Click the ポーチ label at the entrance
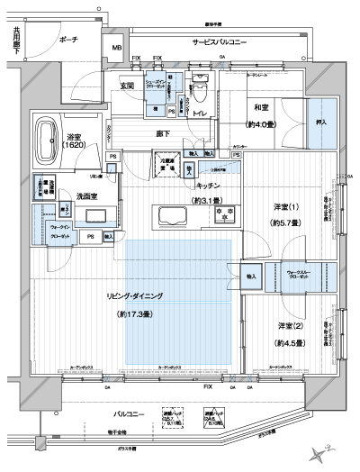tap(67, 41)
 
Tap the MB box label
tap(117, 48)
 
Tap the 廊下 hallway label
tap(164, 132)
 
